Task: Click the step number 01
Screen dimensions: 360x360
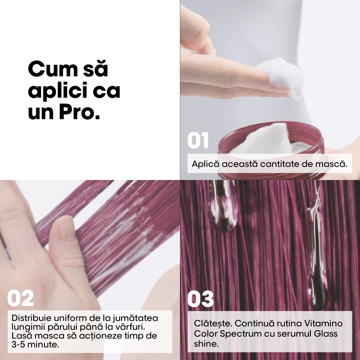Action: click(198, 141)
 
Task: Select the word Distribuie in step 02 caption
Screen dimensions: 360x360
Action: click(31, 318)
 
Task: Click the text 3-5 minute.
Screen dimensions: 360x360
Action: click(36, 344)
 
